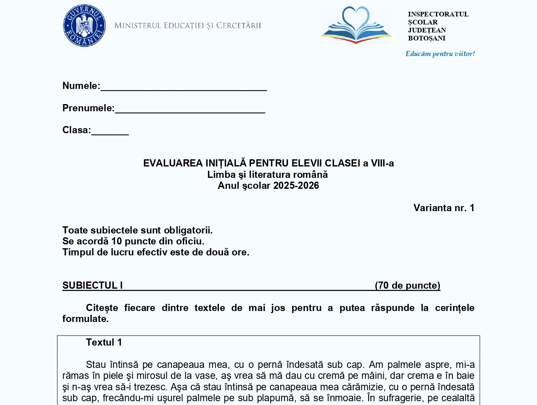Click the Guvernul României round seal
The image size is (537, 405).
84,26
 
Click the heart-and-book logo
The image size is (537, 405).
356,25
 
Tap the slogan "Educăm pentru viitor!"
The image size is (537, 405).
440,54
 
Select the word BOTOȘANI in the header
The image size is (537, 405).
426,38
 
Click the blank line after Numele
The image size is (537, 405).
184,88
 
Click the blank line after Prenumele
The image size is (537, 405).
190,110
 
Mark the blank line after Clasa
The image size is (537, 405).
110,132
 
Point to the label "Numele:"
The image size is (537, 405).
81,86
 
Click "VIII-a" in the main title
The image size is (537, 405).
382,163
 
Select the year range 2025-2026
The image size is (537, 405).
296,186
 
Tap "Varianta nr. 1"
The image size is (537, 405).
444,208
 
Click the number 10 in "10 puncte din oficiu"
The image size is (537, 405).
117,241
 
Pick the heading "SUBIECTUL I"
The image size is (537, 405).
93,285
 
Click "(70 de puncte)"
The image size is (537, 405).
408,285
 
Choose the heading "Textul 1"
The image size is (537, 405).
104,342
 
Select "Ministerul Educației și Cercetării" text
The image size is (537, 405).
188,26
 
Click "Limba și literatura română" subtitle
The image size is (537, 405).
267,174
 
